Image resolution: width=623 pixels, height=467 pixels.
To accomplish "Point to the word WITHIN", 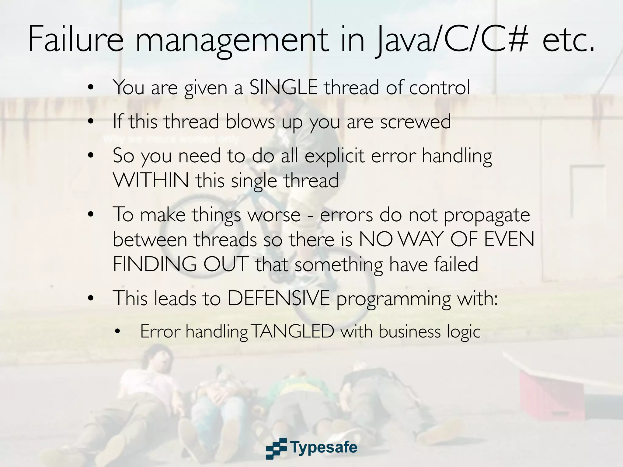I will click(151, 180).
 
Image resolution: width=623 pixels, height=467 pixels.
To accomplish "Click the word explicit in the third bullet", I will click(334, 156).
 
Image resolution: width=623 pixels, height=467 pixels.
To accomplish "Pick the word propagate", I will click(487, 215).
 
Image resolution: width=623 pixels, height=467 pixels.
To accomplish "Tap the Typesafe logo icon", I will click(276, 448).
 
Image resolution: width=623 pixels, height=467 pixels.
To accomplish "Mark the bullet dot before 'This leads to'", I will click(90, 299).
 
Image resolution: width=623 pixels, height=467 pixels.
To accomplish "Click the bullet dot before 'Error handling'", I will click(118, 332).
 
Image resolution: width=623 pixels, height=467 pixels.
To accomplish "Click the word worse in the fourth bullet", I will click(274, 215).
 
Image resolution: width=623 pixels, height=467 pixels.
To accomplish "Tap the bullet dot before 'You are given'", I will click(90, 88).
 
